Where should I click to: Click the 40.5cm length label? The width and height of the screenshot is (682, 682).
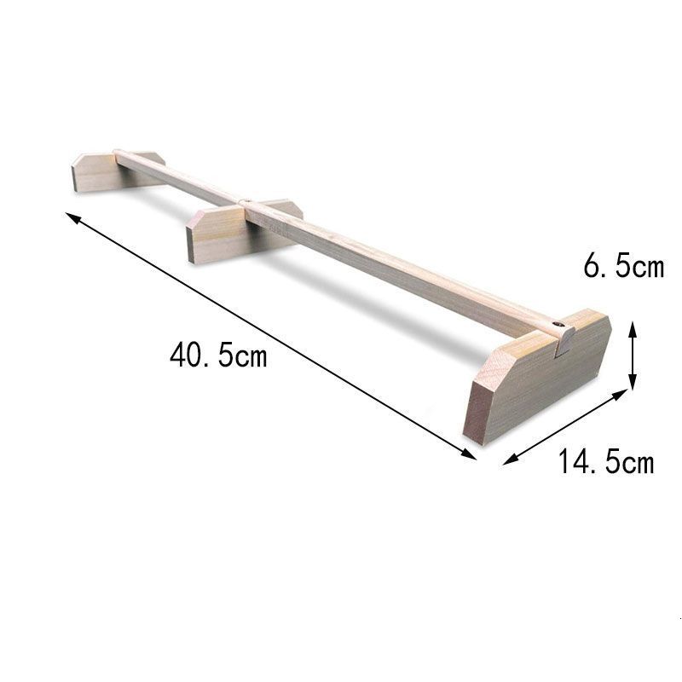[x=218, y=355]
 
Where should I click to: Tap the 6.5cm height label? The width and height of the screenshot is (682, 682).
[x=623, y=267]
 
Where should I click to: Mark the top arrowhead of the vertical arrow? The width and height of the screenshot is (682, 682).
[x=632, y=326]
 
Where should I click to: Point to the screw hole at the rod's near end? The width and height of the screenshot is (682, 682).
[x=557, y=326]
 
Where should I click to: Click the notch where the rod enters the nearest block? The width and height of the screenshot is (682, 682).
[x=565, y=343]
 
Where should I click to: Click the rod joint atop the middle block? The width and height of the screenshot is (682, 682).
[x=246, y=203]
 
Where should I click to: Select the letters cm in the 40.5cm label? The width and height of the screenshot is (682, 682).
[x=251, y=355]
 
